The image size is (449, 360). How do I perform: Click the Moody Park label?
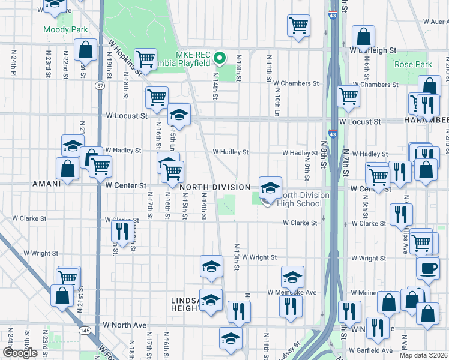coord(65,29)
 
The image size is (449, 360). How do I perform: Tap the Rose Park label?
coord(413,64)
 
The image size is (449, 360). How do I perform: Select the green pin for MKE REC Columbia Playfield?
coord(220,58)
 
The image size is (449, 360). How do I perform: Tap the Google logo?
coord(20,353)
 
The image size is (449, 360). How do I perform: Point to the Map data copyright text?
coord(424,355)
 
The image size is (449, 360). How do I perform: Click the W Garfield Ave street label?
coord(372,350)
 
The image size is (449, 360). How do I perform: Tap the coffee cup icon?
coord(427,268)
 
